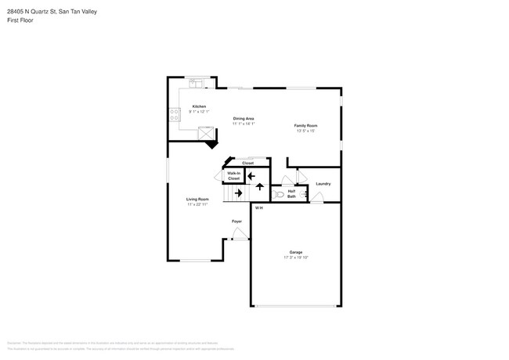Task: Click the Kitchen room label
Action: coord(199,106)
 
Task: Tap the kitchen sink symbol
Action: coord(196,81)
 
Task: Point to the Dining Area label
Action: coord(244,118)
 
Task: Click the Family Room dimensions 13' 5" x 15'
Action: coord(305,131)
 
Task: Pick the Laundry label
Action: coord(323,184)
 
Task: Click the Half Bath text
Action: coord(291,193)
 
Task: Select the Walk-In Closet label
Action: coord(234,176)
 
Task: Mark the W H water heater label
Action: coord(258,207)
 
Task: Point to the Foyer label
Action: coord(236,221)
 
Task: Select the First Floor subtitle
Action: coord(21,20)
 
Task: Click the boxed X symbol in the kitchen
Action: coord(205,134)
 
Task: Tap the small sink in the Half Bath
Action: coord(304,193)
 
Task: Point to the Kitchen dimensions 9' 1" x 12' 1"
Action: coord(199,111)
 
